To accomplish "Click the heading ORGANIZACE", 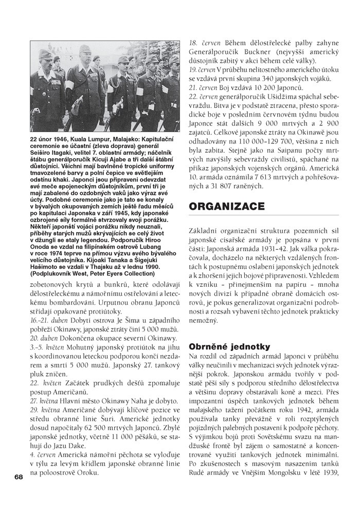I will [x=227, y=206].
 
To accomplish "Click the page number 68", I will [x=19, y=477].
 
